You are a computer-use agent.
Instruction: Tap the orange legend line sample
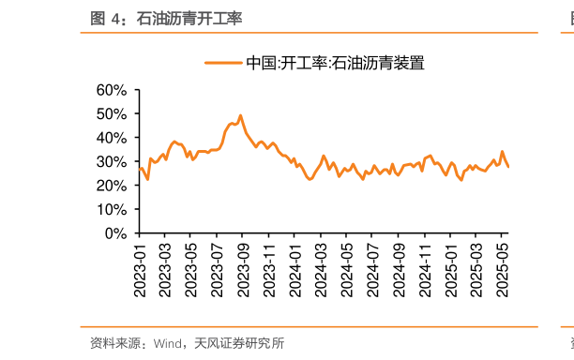coord(223,64)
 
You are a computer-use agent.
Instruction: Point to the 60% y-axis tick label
coord(111,90)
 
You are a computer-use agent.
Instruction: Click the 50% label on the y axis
coord(111,113)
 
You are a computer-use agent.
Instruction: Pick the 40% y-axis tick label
coord(111,138)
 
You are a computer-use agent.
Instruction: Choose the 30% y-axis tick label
coord(111,161)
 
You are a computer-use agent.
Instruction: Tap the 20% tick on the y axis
coord(111,186)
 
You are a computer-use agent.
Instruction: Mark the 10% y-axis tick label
coord(111,209)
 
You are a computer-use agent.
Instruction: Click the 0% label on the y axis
coord(114,232)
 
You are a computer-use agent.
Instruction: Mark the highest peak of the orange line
coord(240,115)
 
